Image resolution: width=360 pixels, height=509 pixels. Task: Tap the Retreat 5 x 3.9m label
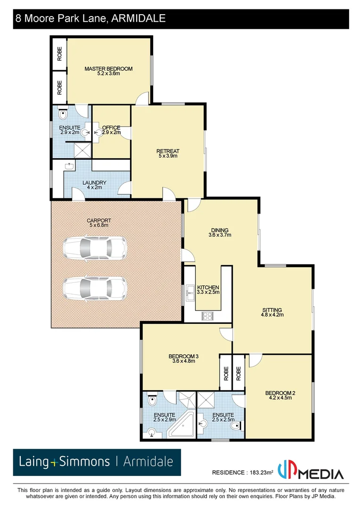(168, 154)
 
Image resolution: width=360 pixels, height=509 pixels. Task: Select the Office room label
(111, 130)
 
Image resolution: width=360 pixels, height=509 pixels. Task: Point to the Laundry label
(95, 185)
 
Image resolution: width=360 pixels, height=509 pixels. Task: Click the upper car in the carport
(95, 247)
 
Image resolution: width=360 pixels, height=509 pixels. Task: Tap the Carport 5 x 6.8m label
(98, 222)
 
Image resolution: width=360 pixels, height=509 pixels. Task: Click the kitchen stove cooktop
(208, 316)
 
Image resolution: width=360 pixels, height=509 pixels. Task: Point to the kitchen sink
(190, 292)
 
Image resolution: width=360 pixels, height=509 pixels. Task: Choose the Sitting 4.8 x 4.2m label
(272, 312)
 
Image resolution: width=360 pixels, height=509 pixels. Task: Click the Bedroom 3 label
(183, 359)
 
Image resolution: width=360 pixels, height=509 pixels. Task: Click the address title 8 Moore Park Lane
(90, 18)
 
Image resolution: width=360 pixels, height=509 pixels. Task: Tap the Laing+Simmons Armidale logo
(97, 462)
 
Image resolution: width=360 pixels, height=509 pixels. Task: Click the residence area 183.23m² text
(243, 473)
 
